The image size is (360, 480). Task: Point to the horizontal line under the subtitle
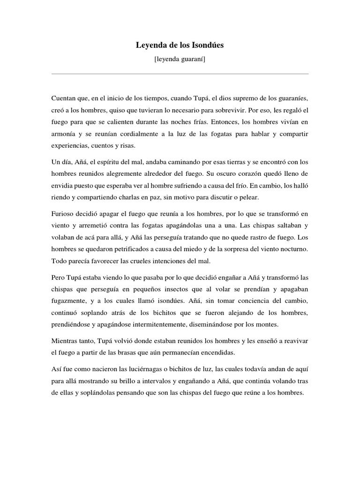coord(180,74)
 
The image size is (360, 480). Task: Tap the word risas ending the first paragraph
coord(126,146)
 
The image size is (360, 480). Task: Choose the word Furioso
coord(64,214)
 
